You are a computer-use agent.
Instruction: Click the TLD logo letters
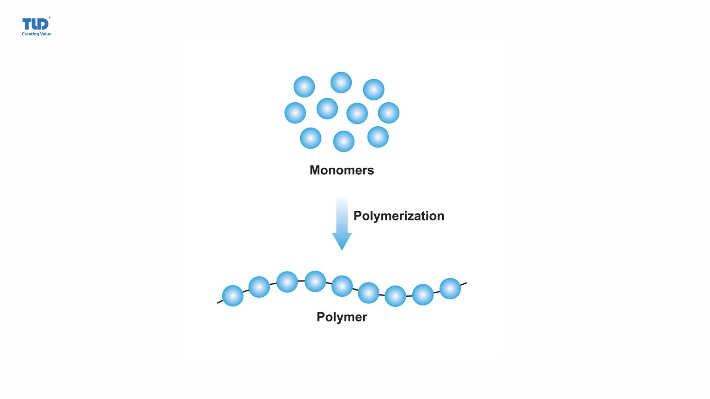click(x=35, y=24)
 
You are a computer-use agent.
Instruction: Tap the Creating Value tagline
click(x=37, y=34)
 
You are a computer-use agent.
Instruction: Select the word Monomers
click(x=342, y=170)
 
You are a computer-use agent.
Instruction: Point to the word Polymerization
click(x=399, y=216)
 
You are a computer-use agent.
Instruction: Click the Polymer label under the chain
click(x=342, y=317)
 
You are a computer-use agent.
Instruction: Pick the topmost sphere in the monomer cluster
click(x=341, y=82)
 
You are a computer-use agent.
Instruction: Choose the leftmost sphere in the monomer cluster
click(x=295, y=113)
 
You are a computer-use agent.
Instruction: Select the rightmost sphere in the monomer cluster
click(x=389, y=113)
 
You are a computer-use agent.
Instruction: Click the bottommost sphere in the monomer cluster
click(x=344, y=141)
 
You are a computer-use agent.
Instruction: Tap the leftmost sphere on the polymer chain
click(x=233, y=296)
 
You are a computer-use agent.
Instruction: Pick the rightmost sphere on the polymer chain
click(x=450, y=289)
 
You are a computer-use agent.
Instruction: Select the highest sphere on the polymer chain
click(x=315, y=282)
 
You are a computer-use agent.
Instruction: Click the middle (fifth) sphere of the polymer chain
click(x=342, y=286)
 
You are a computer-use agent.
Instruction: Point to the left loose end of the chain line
click(x=219, y=303)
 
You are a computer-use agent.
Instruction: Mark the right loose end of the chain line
click(x=465, y=283)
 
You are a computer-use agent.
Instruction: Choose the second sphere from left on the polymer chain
click(x=259, y=287)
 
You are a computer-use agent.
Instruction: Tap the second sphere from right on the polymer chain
click(x=423, y=294)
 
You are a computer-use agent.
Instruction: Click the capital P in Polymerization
click(x=357, y=216)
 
